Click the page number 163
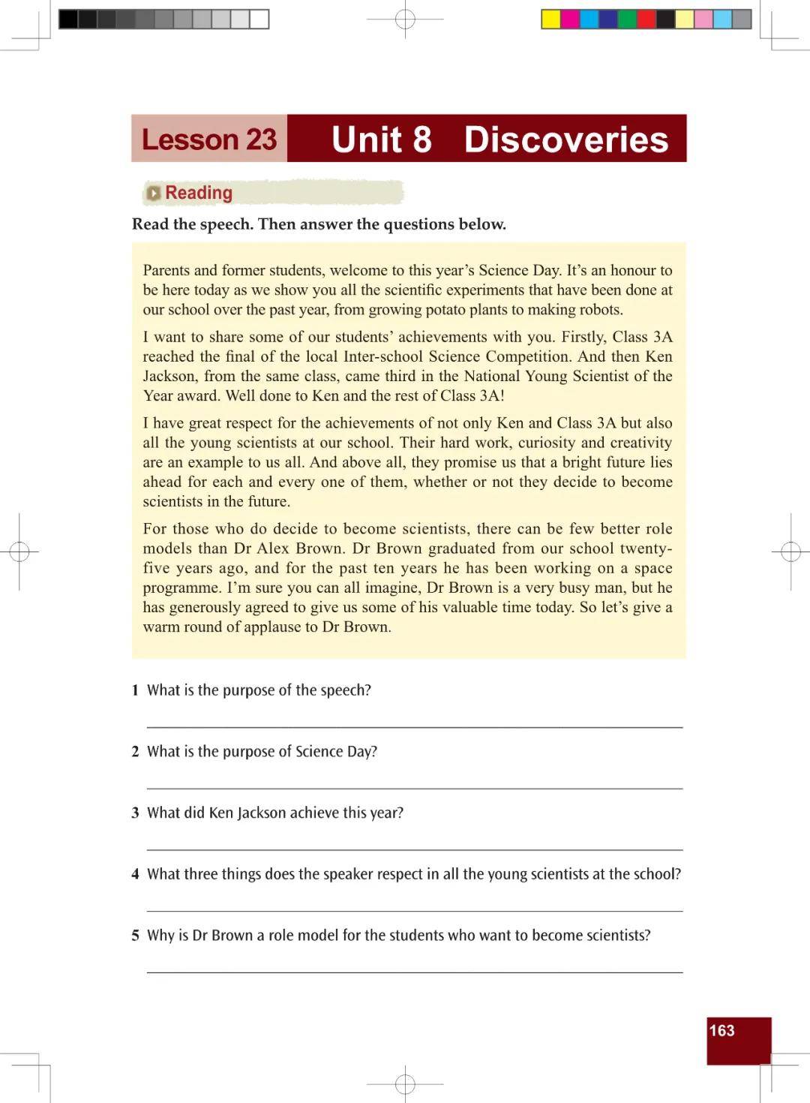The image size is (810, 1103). pos(721,1030)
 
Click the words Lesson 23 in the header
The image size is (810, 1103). pos(209,140)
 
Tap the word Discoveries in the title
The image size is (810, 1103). pos(565,140)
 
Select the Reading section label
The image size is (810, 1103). pos(199,193)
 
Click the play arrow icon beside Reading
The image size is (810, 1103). pos(154,194)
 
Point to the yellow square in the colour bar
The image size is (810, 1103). pos(551,20)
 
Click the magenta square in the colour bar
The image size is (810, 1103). pos(570,20)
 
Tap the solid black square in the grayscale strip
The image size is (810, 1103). pos(68,20)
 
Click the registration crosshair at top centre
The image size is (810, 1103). pos(405,20)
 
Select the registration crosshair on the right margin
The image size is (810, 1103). pos(790,552)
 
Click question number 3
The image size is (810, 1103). pos(135,813)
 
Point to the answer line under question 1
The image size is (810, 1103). pos(414,726)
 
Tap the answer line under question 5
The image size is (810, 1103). pos(414,972)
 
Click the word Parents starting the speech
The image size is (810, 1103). pos(166,270)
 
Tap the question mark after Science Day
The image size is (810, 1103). pos(373,751)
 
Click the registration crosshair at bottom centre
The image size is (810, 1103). pos(405,1083)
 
